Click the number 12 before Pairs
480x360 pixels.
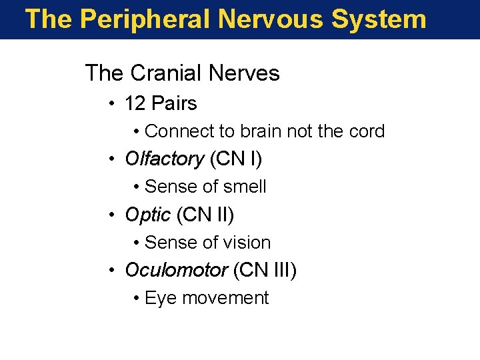pyautogui.click(x=135, y=103)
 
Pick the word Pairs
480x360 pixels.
pyautogui.click(x=174, y=103)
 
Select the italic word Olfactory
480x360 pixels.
pyautogui.click(x=164, y=159)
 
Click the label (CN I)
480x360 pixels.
pyautogui.click(x=236, y=159)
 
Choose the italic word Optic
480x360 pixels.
pyautogui.click(x=148, y=215)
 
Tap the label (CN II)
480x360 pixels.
pyautogui.click(x=205, y=215)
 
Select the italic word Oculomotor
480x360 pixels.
pyautogui.click(x=176, y=271)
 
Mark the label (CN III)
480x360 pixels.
pyautogui.click(x=265, y=271)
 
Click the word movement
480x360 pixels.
pyautogui.click(x=225, y=298)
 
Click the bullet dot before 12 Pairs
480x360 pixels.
pyautogui.click(x=114, y=103)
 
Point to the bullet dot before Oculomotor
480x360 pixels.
pyautogui.click(x=114, y=271)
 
